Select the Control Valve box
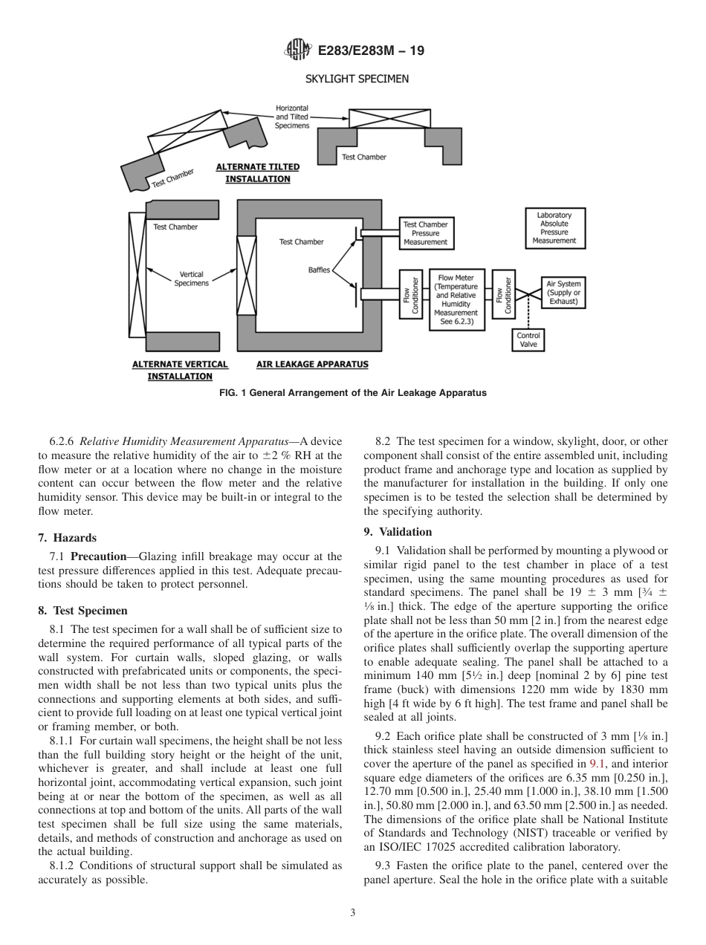point(528,340)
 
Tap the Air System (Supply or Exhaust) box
point(563,292)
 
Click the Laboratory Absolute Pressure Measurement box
point(554,228)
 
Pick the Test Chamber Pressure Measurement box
point(425,233)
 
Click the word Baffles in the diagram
point(319,270)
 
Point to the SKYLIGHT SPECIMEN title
point(356,79)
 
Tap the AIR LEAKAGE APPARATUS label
point(311,365)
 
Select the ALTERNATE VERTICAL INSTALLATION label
point(180,370)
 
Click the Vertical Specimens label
point(191,279)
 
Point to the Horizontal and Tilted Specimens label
point(291,117)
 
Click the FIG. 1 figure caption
point(353,393)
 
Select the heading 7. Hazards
point(67,537)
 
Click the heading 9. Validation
point(398,532)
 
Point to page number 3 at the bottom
point(353,913)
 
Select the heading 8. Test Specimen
point(82,611)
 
